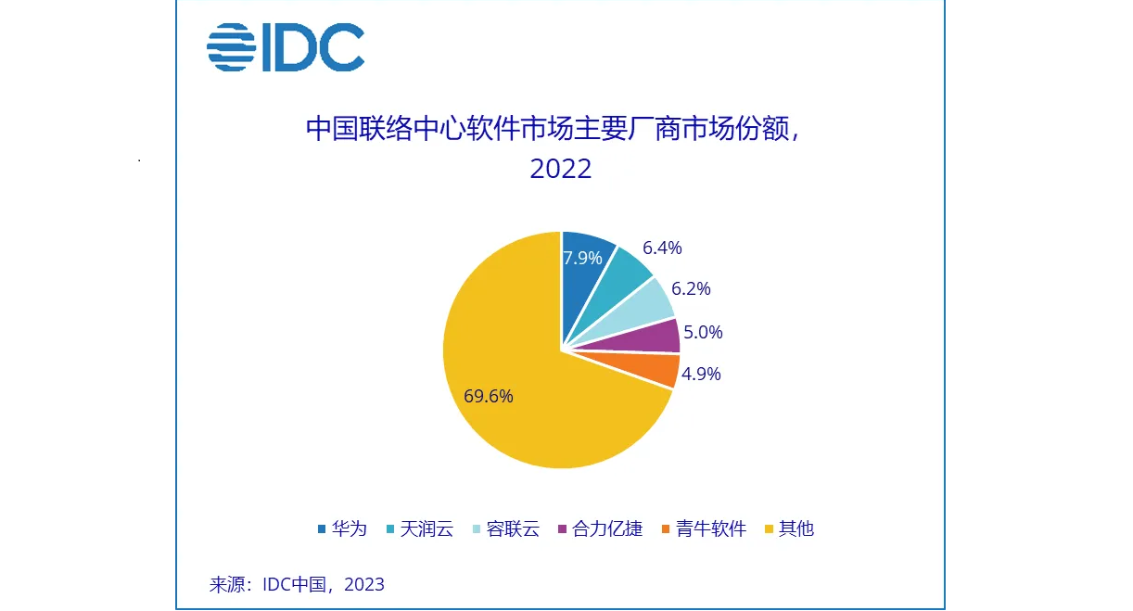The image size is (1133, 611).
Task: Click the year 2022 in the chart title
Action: [561, 169]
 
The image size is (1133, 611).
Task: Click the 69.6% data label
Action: [489, 396]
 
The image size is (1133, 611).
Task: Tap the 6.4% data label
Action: [662, 248]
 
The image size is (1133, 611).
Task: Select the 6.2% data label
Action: [691, 288]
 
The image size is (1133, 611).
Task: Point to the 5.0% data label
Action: [703, 331]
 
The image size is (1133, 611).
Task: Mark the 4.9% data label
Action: [701, 375]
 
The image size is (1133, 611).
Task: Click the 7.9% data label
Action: [583, 258]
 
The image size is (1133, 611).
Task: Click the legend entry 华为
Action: [349, 529]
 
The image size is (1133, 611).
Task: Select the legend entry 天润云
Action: [426, 529]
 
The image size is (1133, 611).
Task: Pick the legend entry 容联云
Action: [512, 529]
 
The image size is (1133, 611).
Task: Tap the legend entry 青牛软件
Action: [711, 529]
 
